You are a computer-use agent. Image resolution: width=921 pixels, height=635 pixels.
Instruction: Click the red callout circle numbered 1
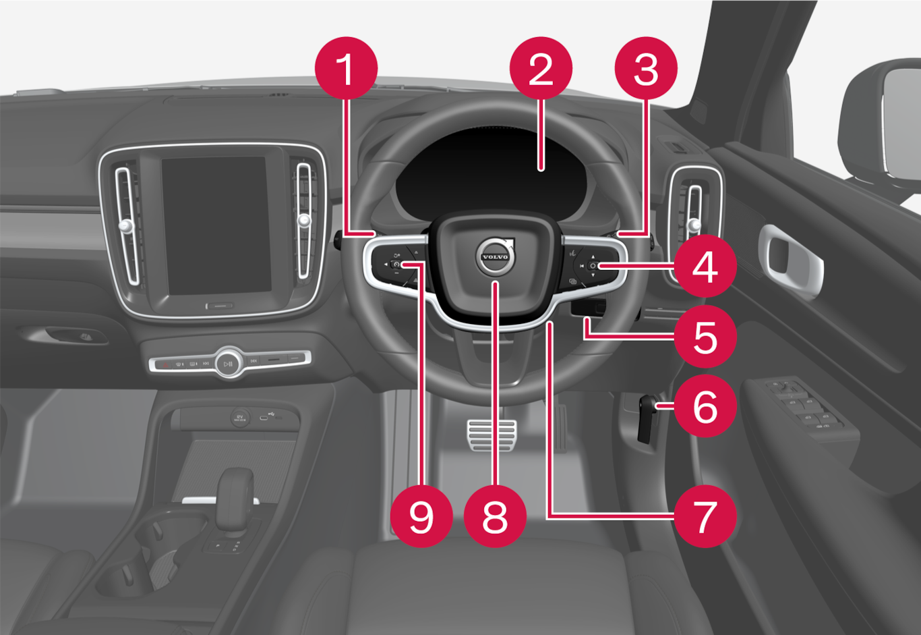(x=346, y=68)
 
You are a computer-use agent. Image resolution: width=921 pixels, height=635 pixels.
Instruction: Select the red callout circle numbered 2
(x=541, y=68)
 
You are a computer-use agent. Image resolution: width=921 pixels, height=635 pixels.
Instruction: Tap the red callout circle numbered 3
(x=646, y=68)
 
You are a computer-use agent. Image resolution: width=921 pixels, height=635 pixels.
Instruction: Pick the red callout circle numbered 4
(x=705, y=266)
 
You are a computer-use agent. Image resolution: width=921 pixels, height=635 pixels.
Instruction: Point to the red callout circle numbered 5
(x=705, y=336)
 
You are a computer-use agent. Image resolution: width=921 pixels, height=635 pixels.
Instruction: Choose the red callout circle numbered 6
(x=705, y=406)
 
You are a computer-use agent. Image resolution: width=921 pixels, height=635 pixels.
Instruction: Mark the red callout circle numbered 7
(x=705, y=516)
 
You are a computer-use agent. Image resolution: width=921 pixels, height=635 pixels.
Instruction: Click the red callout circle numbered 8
(x=495, y=516)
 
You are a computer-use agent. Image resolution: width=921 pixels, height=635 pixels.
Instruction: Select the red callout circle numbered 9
(x=421, y=516)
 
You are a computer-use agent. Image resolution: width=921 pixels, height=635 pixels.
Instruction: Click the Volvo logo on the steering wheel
(x=496, y=256)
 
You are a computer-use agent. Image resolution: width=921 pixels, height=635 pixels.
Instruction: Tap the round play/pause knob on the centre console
(x=229, y=363)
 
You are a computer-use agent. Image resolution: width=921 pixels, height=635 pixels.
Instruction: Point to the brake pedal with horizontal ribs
(x=492, y=435)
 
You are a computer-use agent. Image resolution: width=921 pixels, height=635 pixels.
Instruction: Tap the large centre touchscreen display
(x=216, y=225)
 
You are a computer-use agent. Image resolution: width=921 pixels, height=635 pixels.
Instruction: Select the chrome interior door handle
(x=790, y=258)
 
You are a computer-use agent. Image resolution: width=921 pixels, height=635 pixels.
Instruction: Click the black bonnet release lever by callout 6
(x=647, y=419)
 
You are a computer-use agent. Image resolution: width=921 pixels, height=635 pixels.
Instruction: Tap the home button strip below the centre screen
(x=219, y=306)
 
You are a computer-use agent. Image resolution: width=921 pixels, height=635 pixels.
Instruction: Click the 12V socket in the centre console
(x=240, y=418)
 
